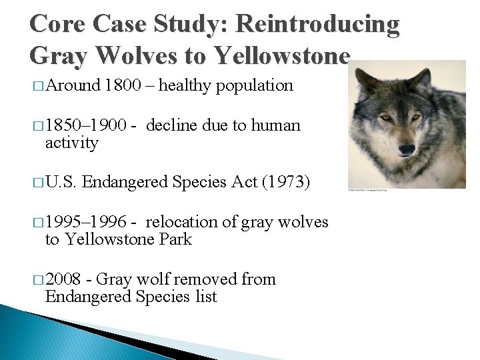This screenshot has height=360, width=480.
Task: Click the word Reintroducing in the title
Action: [319, 24]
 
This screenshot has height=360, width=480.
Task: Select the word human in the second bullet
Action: [275, 125]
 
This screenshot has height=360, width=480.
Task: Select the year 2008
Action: [65, 279]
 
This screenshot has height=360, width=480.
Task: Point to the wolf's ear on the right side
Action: [421, 81]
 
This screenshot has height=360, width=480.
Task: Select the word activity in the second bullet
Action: [71, 143]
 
